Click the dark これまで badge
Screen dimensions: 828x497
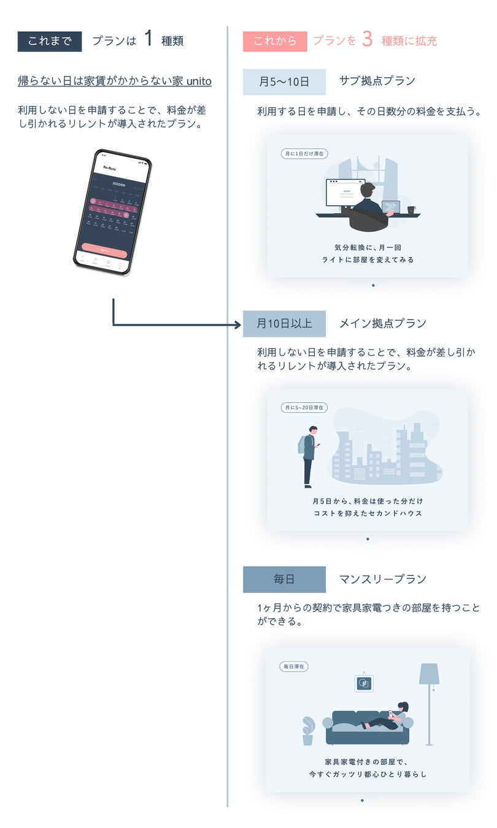point(50,41)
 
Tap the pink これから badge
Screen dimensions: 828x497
point(274,41)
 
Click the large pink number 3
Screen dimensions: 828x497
point(367,39)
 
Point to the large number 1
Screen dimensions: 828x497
point(148,39)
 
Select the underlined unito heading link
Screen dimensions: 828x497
point(115,81)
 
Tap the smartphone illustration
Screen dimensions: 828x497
point(112,212)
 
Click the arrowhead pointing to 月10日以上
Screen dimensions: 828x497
point(237,324)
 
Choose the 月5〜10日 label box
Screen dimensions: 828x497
point(284,82)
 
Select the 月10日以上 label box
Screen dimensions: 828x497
point(284,323)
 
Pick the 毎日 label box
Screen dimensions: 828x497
point(284,579)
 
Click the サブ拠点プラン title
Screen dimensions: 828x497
point(377,81)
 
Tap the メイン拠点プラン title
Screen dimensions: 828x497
point(382,323)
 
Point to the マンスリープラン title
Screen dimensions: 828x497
point(382,579)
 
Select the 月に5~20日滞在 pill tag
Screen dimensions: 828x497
point(304,407)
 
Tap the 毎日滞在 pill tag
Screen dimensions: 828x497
point(294,666)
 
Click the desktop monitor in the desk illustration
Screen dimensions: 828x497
point(345,193)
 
